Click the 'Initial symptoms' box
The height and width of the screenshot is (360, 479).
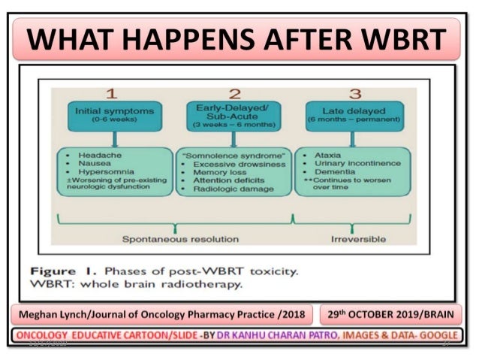[x=114, y=114]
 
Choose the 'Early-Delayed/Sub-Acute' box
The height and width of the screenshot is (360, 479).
[x=233, y=114]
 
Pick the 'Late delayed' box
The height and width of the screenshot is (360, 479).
[x=352, y=114]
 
